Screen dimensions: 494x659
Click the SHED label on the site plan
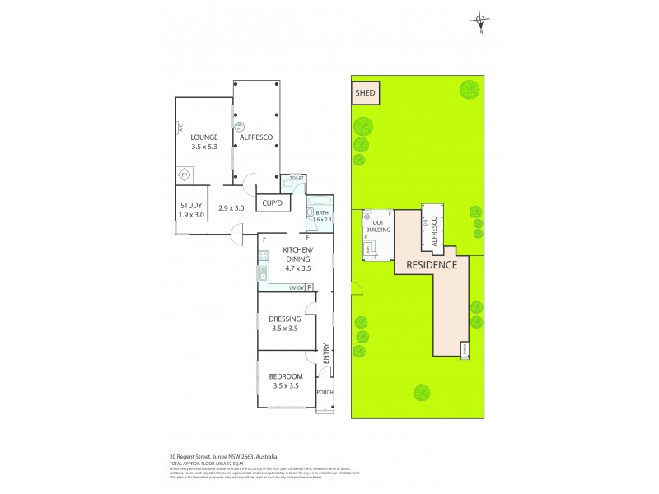[x=365, y=93]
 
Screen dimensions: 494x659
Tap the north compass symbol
[x=481, y=21]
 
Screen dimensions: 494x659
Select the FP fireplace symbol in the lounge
[x=185, y=175]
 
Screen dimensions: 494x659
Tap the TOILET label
[x=297, y=178]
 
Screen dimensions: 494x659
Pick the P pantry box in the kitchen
[x=311, y=287]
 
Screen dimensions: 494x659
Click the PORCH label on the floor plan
[x=325, y=392]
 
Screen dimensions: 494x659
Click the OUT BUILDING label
[x=379, y=227]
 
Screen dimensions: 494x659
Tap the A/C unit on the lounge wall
[x=179, y=128]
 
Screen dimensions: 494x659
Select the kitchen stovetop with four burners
[x=264, y=270]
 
